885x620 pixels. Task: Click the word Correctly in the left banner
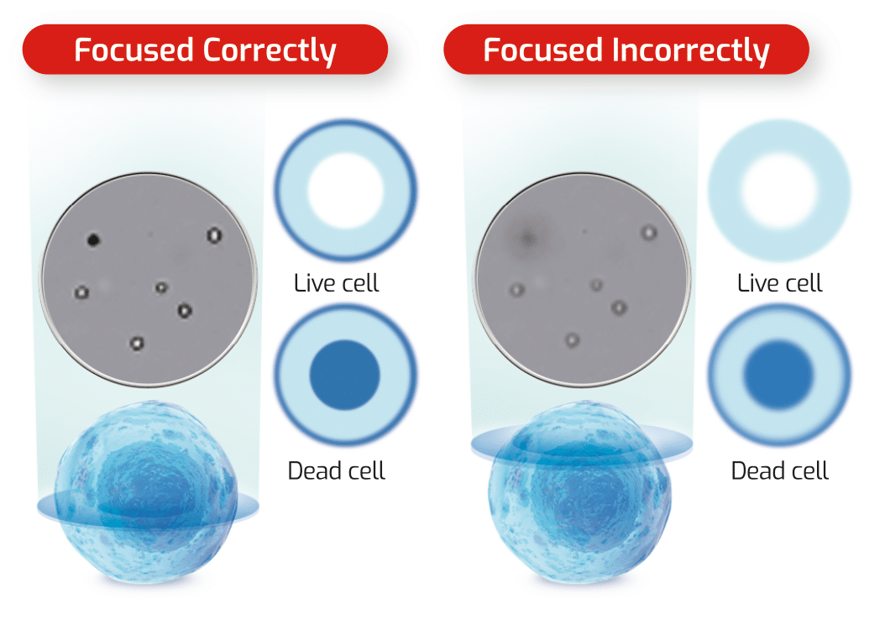point(270,50)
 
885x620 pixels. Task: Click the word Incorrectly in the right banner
point(690,50)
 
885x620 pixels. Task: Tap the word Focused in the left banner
point(134,50)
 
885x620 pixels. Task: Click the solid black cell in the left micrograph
point(93,240)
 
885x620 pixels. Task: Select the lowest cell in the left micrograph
point(136,342)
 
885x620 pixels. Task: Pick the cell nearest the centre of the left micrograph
point(161,287)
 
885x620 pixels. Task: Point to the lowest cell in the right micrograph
point(572,340)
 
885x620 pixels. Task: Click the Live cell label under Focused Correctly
point(336,282)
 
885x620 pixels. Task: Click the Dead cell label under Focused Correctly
point(336,470)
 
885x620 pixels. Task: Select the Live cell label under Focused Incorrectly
point(779,282)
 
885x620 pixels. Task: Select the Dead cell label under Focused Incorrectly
point(779,470)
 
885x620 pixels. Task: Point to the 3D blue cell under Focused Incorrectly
point(580,496)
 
